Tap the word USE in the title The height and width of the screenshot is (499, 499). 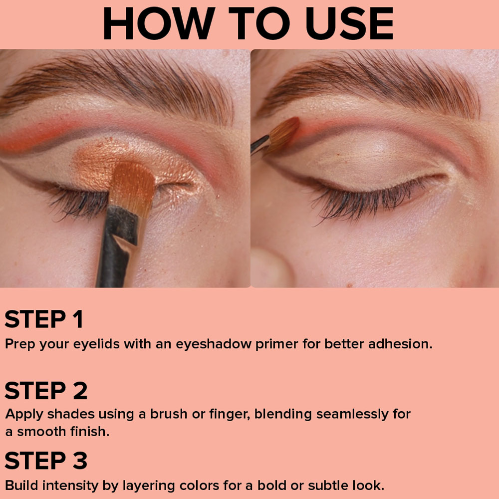point(349,23)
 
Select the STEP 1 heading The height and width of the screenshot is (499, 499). point(44,319)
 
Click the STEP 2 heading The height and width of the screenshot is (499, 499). point(46,391)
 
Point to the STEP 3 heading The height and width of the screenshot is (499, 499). point(46,460)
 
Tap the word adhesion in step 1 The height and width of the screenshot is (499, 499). point(400,344)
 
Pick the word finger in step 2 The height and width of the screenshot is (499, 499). point(230,414)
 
